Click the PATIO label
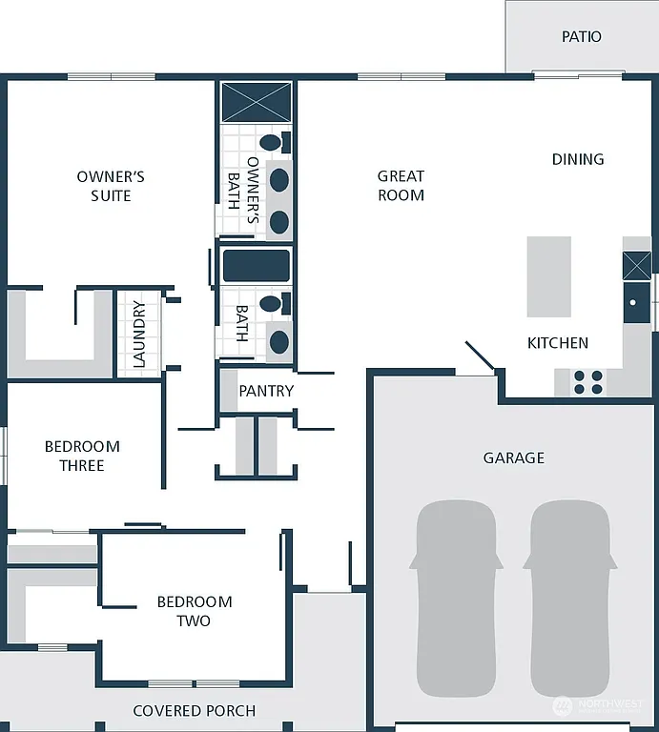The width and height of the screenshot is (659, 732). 581,36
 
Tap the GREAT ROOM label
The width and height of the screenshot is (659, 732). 401,185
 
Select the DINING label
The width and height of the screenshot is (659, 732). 578,159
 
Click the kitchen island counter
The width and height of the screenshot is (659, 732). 549,277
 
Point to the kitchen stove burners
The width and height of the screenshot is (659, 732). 588,382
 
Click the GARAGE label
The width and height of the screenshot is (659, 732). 513,457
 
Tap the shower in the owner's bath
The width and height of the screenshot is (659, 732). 257,102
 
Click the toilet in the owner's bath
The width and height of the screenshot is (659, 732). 273,143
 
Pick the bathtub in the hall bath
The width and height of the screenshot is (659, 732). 257,266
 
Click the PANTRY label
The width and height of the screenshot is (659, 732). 266,391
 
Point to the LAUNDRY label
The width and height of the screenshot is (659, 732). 139,334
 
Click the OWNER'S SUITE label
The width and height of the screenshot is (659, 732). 111,186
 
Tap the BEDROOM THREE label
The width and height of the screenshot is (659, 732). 82,456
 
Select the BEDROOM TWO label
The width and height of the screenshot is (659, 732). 195,611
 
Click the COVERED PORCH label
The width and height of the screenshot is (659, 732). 195,710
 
